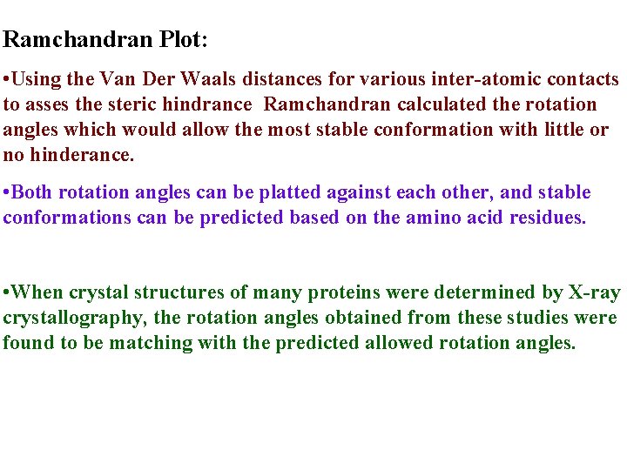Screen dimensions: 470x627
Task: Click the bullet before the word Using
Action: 7,79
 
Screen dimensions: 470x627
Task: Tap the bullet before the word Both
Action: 7,192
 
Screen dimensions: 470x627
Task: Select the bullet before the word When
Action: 7,292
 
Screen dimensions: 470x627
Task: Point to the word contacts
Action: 583,79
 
